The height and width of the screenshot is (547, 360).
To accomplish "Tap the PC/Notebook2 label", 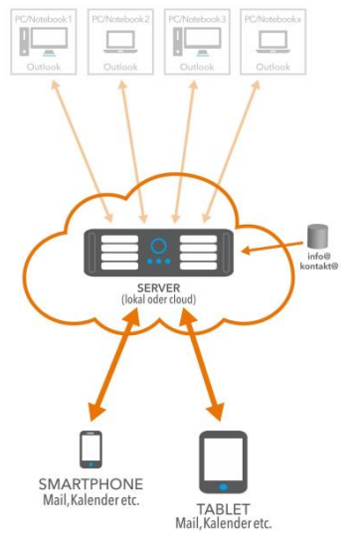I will tap(120, 19).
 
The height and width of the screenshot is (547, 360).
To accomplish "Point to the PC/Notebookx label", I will tap(271, 19).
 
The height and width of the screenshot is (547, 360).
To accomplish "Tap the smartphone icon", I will tap(90, 449).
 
